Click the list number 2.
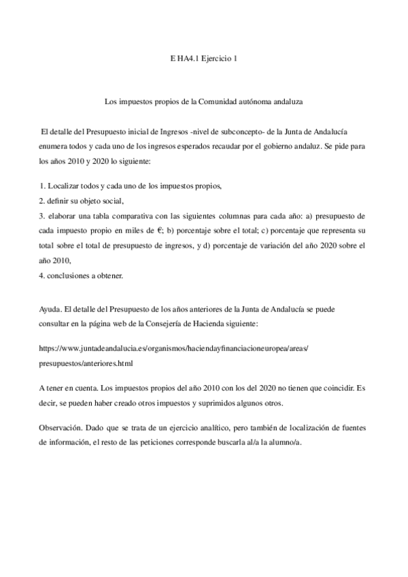click(x=42, y=201)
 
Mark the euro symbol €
click(x=138, y=231)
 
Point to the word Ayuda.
click(x=51, y=309)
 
